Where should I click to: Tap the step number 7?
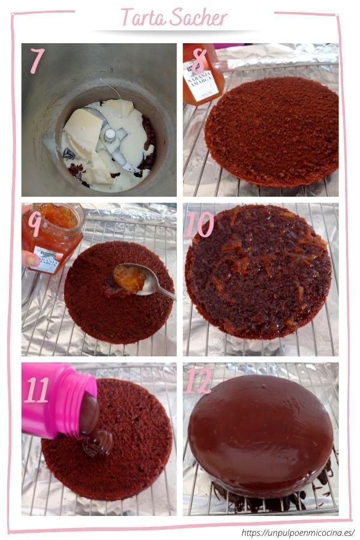[x=37, y=60]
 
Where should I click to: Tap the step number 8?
[x=199, y=60]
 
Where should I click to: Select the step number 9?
[x=35, y=223]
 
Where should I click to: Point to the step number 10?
[x=199, y=224]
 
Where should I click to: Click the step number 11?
[x=37, y=389]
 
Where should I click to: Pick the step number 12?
[x=199, y=382]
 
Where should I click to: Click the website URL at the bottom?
[x=298, y=532]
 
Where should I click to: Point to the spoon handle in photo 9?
[x=162, y=290]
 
